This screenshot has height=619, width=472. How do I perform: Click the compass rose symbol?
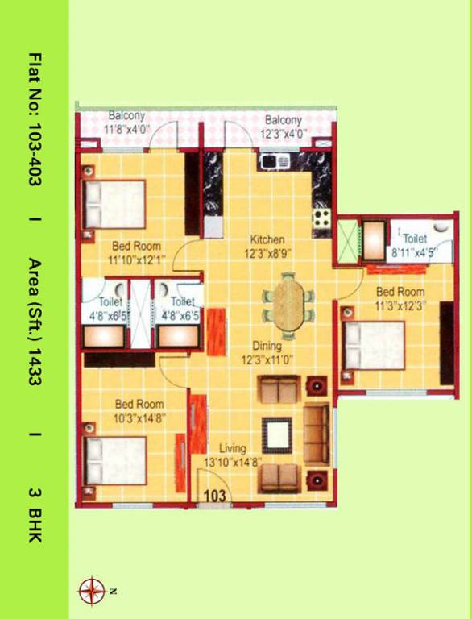pos(91,591)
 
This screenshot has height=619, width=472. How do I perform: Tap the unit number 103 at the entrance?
pos(213,496)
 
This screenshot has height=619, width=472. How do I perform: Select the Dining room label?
pos(267,346)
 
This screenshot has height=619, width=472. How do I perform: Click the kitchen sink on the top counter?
pos(275,161)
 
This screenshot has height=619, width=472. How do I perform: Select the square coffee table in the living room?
pos(278,436)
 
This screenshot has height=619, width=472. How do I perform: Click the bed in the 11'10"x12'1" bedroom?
pos(115,204)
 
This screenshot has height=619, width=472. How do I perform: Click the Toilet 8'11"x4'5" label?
pos(414,245)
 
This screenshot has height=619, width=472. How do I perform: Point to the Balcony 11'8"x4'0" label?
pos(127,122)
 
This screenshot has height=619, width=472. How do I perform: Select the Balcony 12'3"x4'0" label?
pos(283,127)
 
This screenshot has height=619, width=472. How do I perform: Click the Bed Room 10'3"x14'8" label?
pos(139,410)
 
